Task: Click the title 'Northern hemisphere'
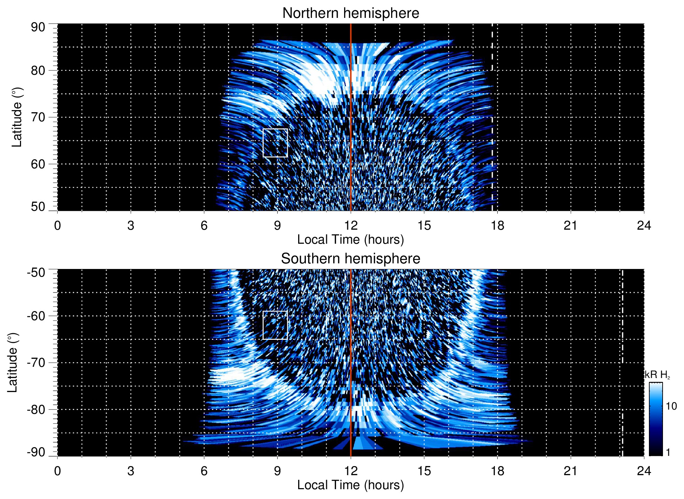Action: (x=350, y=13)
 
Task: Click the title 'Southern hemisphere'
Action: (x=350, y=259)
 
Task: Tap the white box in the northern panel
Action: (x=275, y=143)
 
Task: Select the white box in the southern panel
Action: (x=275, y=325)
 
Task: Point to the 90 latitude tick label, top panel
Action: (x=38, y=27)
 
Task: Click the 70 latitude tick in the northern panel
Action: (x=38, y=117)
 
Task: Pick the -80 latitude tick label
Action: (x=36, y=409)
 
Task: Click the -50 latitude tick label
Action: (x=36, y=272)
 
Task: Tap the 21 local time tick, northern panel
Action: (x=570, y=225)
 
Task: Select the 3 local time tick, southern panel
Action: (x=131, y=471)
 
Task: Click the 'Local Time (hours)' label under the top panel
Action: (x=350, y=240)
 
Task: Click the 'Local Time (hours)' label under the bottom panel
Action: (x=350, y=485)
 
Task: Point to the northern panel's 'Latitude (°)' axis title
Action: (x=17, y=117)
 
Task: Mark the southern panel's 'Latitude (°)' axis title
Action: (x=13, y=363)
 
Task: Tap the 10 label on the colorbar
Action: (x=671, y=406)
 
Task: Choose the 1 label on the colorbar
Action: (x=668, y=452)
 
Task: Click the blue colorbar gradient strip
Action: (x=655, y=419)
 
